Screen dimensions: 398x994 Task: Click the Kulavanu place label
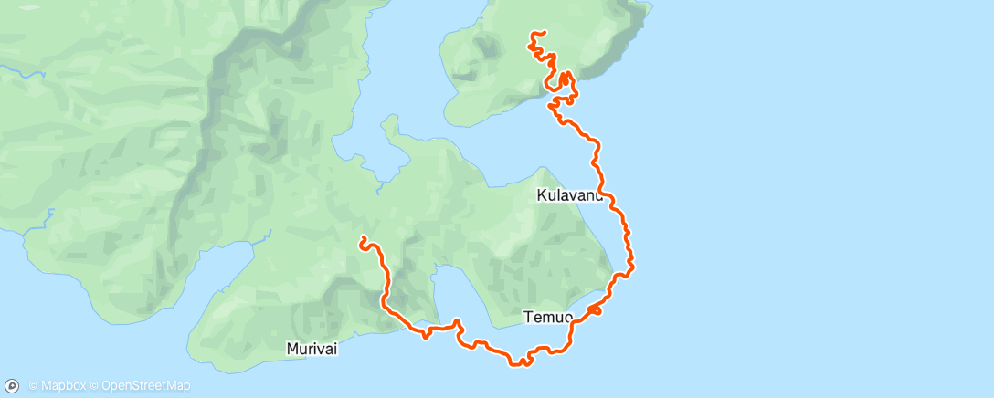[x=569, y=195]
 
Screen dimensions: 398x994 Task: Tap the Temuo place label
[x=548, y=318]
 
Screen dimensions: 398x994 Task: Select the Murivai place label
[x=311, y=349]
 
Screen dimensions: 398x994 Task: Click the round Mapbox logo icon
[x=13, y=385]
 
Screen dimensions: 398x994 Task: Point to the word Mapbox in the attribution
[x=63, y=386]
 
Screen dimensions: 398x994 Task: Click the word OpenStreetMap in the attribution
[x=146, y=386]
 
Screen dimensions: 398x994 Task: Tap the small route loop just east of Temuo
[x=595, y=311]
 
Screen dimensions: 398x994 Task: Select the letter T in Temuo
[x=528, y=318]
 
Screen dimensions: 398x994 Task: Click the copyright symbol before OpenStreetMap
[x=95, y=386]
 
